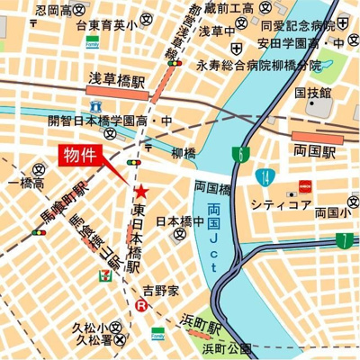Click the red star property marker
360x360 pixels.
tap(141, 192)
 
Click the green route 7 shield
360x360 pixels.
tap(345, 239)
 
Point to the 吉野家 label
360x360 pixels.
tap(162, 290)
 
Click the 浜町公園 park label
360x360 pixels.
tap(227, 347)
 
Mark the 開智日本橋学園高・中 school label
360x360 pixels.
tap(109, 120)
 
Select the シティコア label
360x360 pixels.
tap(282, 205)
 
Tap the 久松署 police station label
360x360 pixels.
tap(93, 341)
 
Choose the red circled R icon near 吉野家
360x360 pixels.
tap(140, 306)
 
